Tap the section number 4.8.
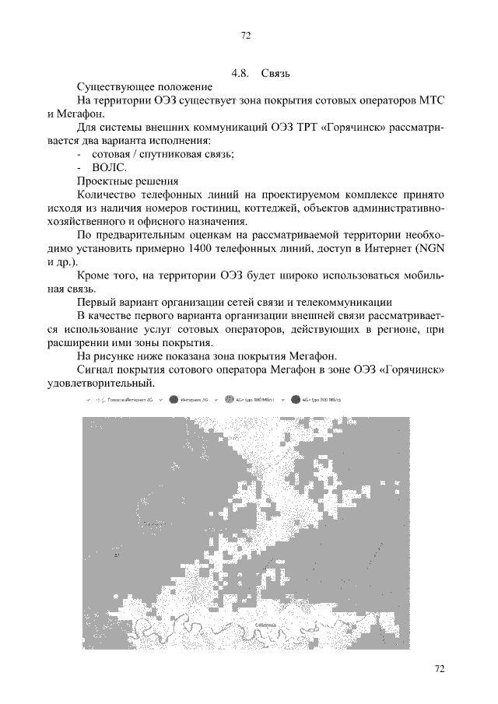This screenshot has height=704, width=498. (x=240, y=74)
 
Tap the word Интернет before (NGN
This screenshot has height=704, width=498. (x=387, y=248)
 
